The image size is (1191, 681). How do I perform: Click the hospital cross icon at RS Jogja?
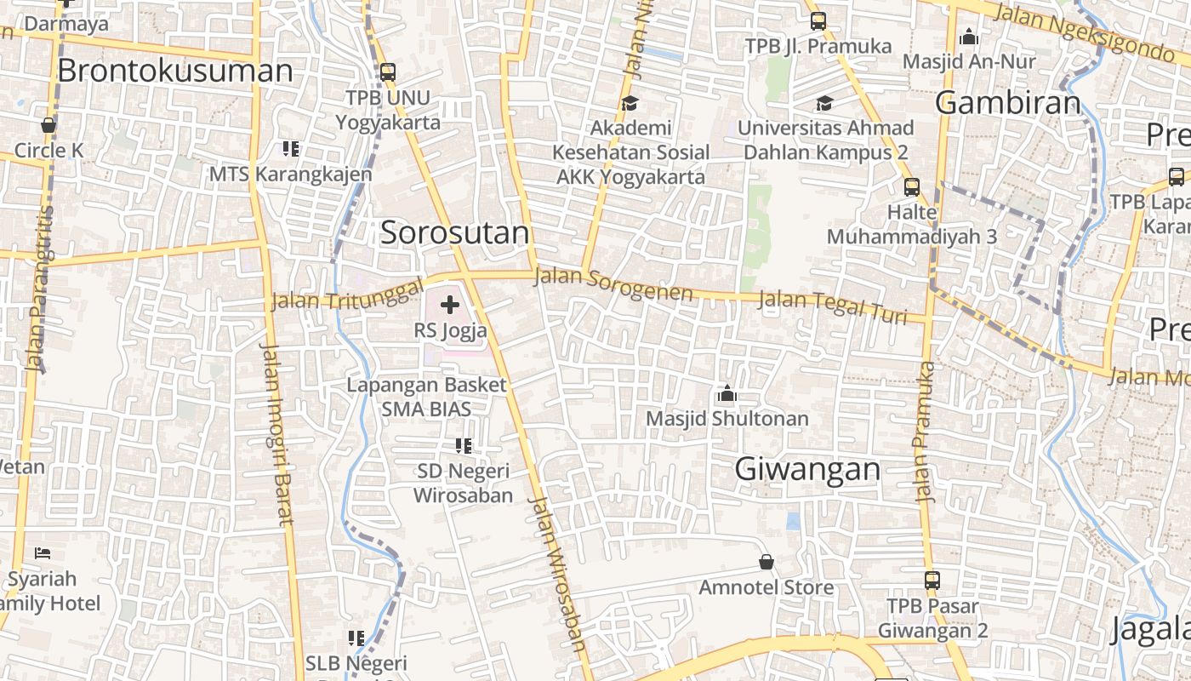[x=450, y=305]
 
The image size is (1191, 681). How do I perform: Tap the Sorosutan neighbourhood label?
[x=454, y=232]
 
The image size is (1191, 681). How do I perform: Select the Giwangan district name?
[x=807, y=469]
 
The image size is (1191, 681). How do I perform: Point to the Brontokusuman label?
[x=174, y=70]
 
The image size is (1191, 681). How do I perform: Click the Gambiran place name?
[x=1008, y=103]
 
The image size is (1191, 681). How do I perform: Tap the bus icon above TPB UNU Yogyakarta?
[x=388, y=72]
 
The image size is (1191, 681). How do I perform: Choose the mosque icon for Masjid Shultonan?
[x=727, y=393]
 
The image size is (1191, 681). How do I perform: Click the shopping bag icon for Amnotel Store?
[x=766, y=562]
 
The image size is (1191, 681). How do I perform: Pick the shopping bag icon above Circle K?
[x=48, y=125]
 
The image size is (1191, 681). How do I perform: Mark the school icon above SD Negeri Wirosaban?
[x=463, y=445]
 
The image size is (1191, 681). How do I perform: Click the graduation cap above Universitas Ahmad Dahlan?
[x=824, y=104]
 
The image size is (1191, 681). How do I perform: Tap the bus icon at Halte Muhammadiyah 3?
[x=911, y=186]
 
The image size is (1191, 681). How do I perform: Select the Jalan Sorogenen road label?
[x=613, y=285]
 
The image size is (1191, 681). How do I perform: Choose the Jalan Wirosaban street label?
[x=557, y=575]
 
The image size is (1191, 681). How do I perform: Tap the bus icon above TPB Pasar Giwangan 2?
[x=932, y=581]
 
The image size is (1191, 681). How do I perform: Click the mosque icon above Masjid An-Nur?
[x=968, y=37]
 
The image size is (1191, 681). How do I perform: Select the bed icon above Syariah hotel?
[x=43, y=553]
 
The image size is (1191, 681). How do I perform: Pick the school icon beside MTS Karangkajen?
[x=291, y=149]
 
